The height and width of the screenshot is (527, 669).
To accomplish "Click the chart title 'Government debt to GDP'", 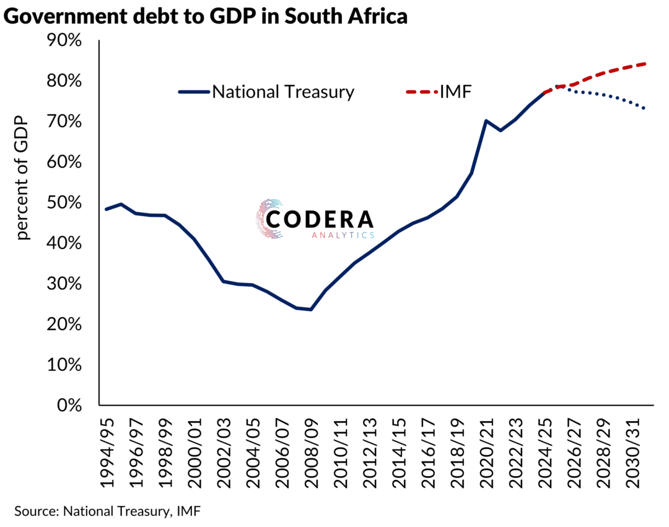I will [205, 17].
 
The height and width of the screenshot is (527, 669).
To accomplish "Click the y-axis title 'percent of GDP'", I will [23, 179].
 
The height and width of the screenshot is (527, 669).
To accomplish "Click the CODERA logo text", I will [319, 219].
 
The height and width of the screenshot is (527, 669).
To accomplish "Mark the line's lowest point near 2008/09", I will [310, 309].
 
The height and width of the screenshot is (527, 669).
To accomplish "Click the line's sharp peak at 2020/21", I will [486, 121].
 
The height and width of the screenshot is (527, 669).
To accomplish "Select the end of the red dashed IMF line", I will [646, 64].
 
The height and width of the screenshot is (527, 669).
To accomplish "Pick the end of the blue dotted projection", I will [646, 109].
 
